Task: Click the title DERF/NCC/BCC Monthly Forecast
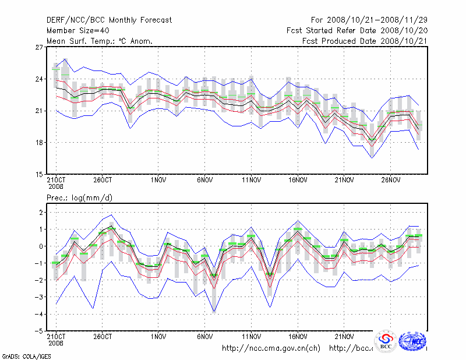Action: click(110, 20)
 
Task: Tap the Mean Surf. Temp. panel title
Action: click(100, 41)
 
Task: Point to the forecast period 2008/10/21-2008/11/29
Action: click(372, 20)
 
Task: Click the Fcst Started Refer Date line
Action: click(357, 30)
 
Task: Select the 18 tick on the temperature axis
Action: click(40, 143)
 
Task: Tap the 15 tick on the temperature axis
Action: click(40, 174)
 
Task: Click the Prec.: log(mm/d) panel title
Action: click(80, 198)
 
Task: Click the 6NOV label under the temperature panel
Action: click(205, 180)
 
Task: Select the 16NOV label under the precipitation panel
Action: click(298, 336)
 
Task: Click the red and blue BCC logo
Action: click(385, 341)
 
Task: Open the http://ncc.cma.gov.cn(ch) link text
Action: click(271, 348)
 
